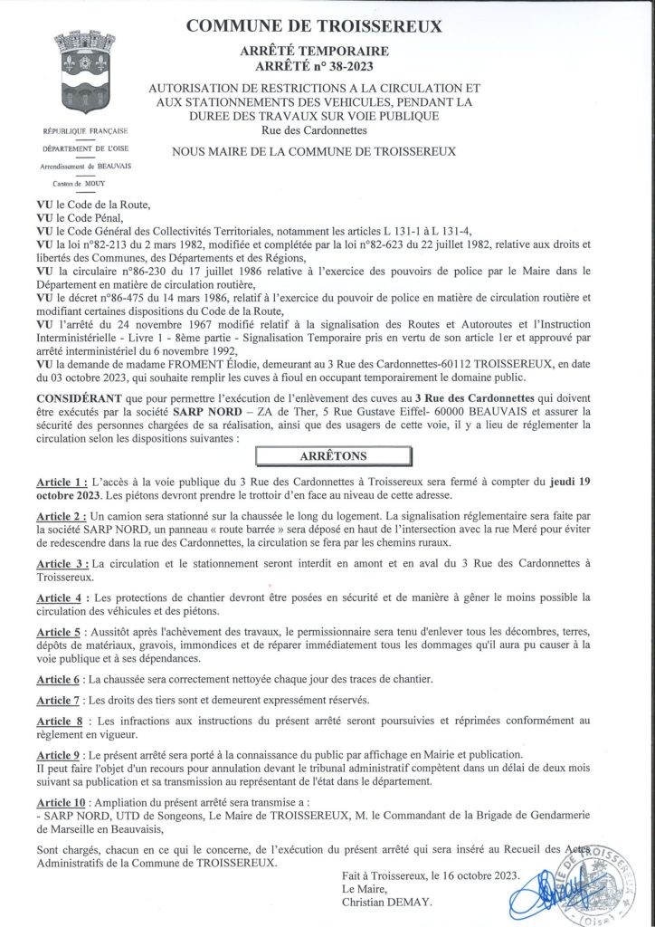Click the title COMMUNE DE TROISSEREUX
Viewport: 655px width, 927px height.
[x=314, y=27]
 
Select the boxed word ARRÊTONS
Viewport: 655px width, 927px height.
[x=335, y=454]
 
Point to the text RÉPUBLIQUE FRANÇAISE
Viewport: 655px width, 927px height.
[x=85, y=132]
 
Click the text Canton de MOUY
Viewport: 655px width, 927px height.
[x=85, y=182]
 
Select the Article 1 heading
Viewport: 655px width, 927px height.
[x=62, y=483]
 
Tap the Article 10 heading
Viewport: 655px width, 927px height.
[x=66, y=802]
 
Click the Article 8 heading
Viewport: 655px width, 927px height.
[x=62, y=720]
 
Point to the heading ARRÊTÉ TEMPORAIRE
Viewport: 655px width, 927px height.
[x=314, y=51]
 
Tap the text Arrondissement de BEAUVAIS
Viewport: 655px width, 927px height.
[x=85, y=166]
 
